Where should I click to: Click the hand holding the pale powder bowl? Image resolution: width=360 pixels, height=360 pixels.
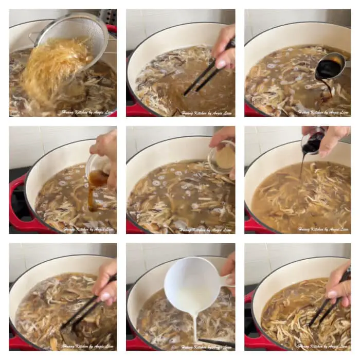pyautogui.click(x=224, y=139)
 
